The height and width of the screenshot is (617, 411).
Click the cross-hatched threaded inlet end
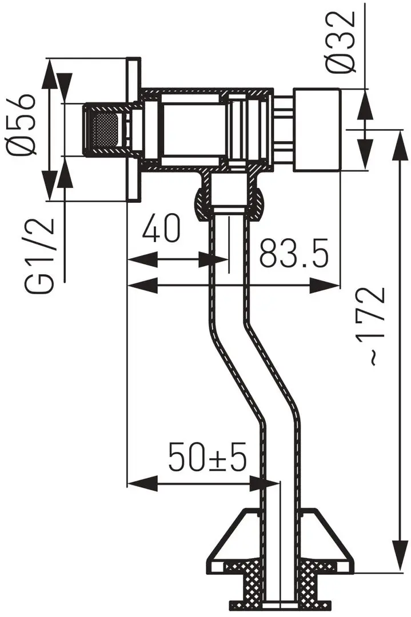(103, 129)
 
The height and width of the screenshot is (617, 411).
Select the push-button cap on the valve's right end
(317, 130)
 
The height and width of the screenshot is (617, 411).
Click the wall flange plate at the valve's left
(134, 129)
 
